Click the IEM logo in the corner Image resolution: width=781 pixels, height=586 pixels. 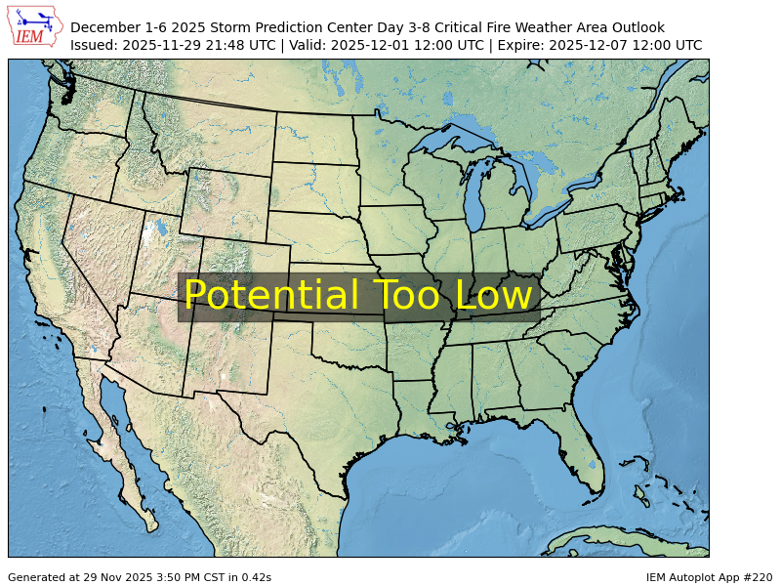[35, 26]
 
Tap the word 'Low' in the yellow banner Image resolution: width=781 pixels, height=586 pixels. [495, 297]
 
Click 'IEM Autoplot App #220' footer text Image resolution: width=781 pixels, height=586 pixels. [709, 577]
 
